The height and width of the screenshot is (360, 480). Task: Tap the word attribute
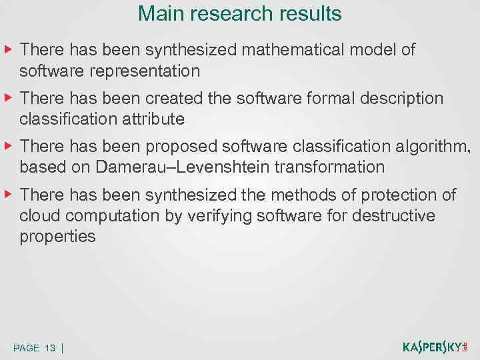pyautogui.click(x=155, y=119)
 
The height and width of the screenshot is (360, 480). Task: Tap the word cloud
pyautogui.click(x=39, y=216)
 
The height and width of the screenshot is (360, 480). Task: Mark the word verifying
pyautogui.click(x=247, y=216)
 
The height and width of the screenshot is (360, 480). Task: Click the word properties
pyautogui.click(x=58, y=237)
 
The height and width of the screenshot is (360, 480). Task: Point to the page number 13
pyautogui.click(x=50, y=348)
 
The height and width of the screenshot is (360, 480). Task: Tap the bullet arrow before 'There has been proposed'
pyautogui.click(x=8, y=145)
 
